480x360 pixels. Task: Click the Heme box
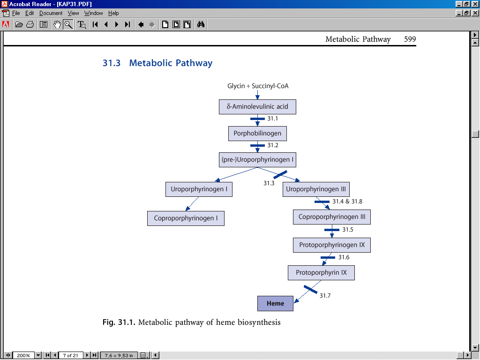[x=275, y=303]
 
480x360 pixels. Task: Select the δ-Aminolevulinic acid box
[x=257, y=106]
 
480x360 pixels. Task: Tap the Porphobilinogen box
[x=257, y=134]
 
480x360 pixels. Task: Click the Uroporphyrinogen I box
[x=199, y=189]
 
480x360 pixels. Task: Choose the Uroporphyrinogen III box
[x=316, y=189]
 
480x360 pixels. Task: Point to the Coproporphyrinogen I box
[x=186, y=218]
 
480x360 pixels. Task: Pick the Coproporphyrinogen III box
[x=332, y=217]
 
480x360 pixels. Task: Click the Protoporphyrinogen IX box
[x=332, y=245]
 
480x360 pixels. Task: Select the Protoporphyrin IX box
[x=321, y=272]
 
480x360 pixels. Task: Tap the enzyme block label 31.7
[x=325, y=296]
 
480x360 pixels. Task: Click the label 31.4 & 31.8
[x=347, y=202]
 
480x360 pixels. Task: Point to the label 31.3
[x=269, y=183]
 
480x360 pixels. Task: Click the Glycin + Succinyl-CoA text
[x=258, y=86]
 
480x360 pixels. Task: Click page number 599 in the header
[x=410, y=39]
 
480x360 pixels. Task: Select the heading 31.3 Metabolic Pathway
[x=157, y=63]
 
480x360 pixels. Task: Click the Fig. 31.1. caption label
[x=119, y=322]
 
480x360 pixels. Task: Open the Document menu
[x=51, y=13]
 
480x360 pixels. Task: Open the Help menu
[x=113, y=13]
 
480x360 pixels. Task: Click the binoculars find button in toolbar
[x=201, y=24]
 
